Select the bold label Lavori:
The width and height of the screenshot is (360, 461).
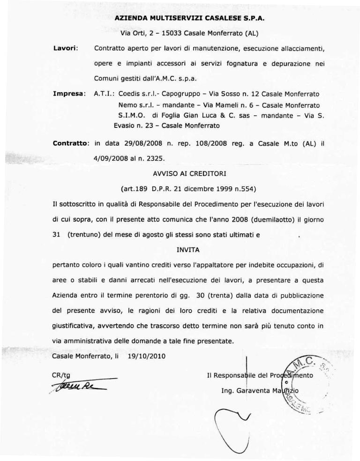pos(67,48)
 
